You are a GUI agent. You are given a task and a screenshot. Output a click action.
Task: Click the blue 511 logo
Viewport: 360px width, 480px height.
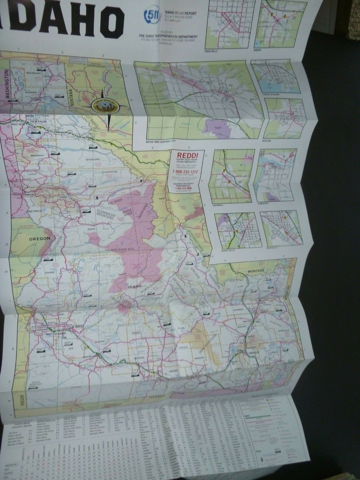(x=152, y=15)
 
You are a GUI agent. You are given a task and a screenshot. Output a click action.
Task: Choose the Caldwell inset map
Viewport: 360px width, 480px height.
(x=231, y=175)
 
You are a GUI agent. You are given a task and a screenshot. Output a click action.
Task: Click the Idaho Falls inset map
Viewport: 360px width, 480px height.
(x=237, y=229)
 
